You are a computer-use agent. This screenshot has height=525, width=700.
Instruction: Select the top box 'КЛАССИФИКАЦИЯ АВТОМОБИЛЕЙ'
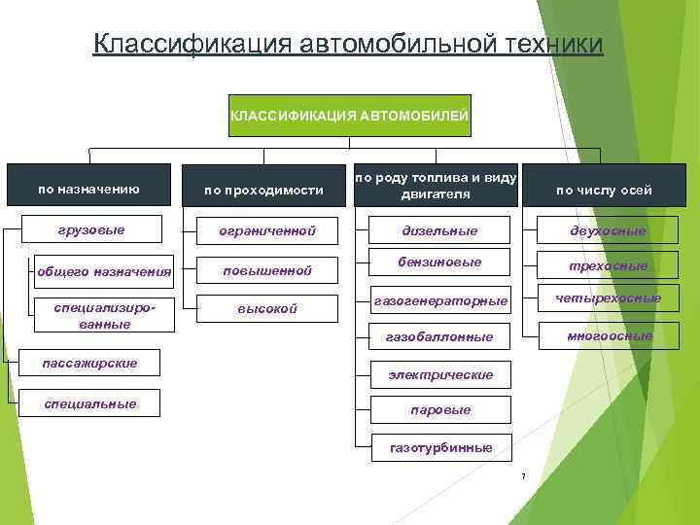pyautogui.click(x=349, y=117)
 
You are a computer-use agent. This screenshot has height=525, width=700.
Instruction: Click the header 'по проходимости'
pyautogui.click(x=263, y=191)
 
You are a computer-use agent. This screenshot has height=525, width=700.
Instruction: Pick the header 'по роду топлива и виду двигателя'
pyautogui.click(x=435, y=186)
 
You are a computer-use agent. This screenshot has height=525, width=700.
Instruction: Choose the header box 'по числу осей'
pyautogui.click(x=604, y=191)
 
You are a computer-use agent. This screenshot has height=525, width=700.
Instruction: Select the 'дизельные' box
pyautogui.click(x=440, y=231)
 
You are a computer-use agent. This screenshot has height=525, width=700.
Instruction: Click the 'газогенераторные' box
pyautogui.click(x=440, y=301)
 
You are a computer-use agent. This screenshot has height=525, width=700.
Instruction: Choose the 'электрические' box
pyautogui.click(x=440, y=374)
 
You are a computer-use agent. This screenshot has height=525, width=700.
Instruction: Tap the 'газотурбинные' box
pyautogui.click(x=440, y=447)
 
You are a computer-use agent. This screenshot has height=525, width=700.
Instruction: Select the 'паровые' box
pyautogui.click(x=440, y=410)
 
